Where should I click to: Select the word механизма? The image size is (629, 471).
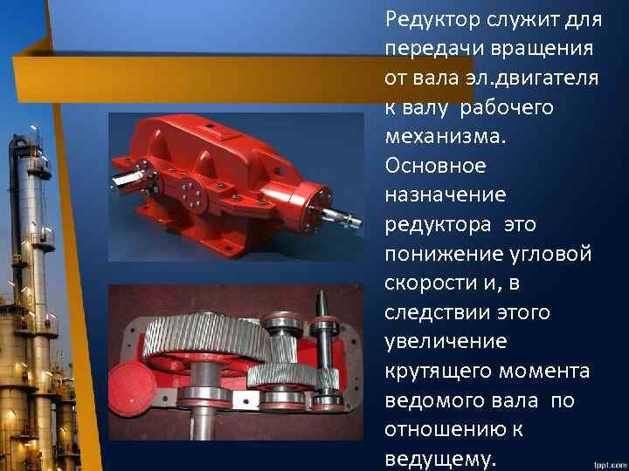point(446,137)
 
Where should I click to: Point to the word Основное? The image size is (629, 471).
point(433,166)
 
